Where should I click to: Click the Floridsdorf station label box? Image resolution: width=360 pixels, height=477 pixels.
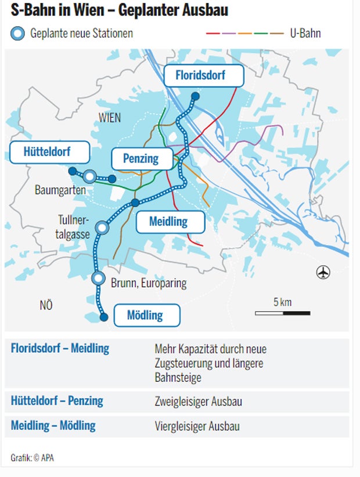[x=200, y=75]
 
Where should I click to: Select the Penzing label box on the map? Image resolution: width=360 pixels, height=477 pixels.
[x=141, y=158]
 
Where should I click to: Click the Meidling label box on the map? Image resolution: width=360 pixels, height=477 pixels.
[x=170, y=222]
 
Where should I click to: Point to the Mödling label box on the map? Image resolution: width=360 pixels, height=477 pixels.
[x=146, y=316]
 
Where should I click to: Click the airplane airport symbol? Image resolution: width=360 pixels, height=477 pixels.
[x=323, y=272]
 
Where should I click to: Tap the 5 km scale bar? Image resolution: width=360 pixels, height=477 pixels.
[x=282, y=313]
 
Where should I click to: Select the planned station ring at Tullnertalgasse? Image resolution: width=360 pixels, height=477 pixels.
[x=103, y=228]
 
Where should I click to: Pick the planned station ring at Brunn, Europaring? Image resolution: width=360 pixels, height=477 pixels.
[x=99, y=279]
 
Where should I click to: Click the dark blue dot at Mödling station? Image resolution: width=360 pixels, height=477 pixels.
[x=104, y=317]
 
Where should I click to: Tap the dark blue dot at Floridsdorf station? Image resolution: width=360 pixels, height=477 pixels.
[x=196, y=96]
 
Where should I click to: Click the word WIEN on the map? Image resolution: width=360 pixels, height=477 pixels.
[x=109, y=118]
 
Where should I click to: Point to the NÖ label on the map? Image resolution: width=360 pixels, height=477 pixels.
[x=46, y=305]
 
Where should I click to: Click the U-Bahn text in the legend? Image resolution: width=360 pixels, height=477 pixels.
[x=305, y=33]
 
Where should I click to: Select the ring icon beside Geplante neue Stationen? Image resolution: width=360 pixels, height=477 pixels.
[x=18, y=34]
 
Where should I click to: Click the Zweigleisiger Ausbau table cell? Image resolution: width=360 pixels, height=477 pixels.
[x=198, y=402]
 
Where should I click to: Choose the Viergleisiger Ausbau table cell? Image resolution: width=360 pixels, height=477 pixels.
[x=197, y=427]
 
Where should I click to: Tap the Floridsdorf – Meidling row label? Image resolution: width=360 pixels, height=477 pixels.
[x=60, y=349]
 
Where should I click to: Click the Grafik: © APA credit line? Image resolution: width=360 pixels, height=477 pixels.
[x=33, y=458]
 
